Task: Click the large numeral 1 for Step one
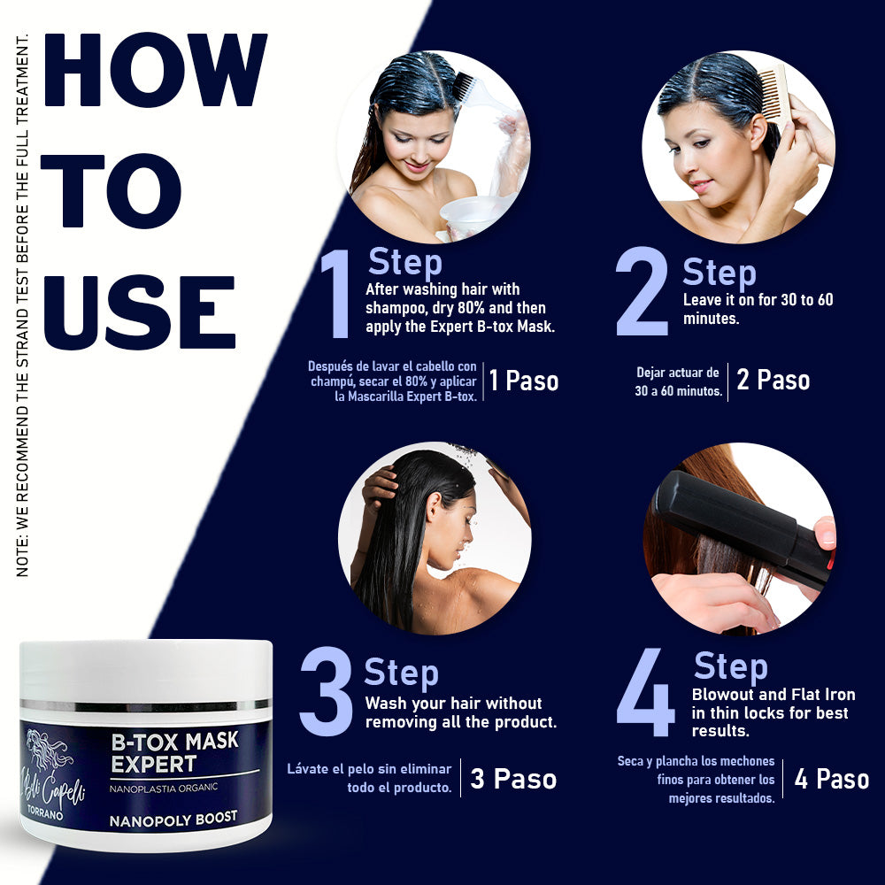coord(336,295)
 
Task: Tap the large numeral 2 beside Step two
coord(643,292)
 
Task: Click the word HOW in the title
coord(156,70)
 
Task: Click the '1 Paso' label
coord(524,381)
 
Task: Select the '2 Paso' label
coord(773,381)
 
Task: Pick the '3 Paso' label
coord(513,780)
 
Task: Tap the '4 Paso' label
coord(831,780)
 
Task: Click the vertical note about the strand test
coord(23,305)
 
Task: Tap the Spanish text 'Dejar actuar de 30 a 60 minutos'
coord(679,381)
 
